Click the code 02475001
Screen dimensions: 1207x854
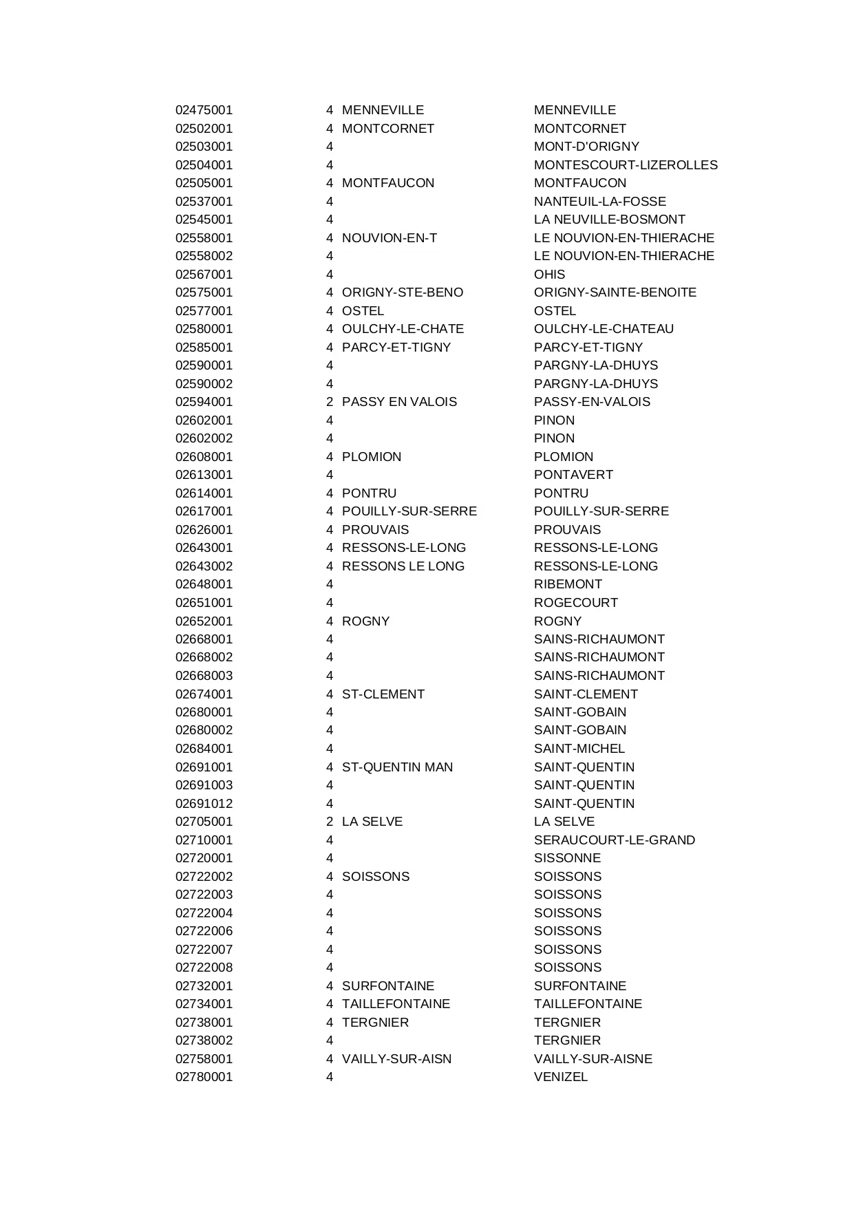[x=204, y=110]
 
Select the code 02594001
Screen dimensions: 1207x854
[x=204, y=402]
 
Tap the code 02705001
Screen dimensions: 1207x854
[x=204, y=822]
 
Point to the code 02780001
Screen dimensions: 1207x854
[x=204, y=1077]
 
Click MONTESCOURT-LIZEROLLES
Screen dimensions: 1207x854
[x=626, y=165]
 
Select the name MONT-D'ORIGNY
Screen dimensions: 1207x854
[x=586, y=147]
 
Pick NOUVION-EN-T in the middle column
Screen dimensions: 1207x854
[x=389, y=238]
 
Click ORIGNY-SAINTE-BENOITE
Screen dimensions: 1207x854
[x=615, y=292]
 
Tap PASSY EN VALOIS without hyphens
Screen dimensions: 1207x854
[x=399, y=402]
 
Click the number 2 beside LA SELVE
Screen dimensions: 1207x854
[x=330, y=822]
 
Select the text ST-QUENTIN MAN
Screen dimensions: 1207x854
[x=397, y=767]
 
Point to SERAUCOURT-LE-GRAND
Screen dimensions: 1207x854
[x=615, y=840]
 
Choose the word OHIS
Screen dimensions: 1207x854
[x=549, y=275]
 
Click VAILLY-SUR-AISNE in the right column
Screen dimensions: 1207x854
[x=593, y=1059]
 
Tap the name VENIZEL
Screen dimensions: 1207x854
[x=561, y=1077]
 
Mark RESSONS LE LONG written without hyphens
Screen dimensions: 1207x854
[x=403, y=566]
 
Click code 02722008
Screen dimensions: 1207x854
[x=204, y=968]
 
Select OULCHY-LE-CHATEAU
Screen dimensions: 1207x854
[x=604, y=329]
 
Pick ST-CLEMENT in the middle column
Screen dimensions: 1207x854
[x=383, y=694]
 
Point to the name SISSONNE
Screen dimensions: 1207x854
[x=567, y=858]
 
